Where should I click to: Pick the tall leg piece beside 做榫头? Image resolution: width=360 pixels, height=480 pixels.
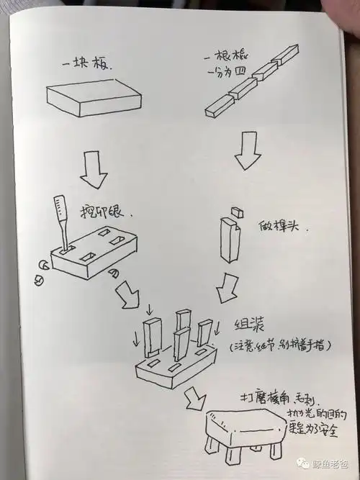(230, 242)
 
